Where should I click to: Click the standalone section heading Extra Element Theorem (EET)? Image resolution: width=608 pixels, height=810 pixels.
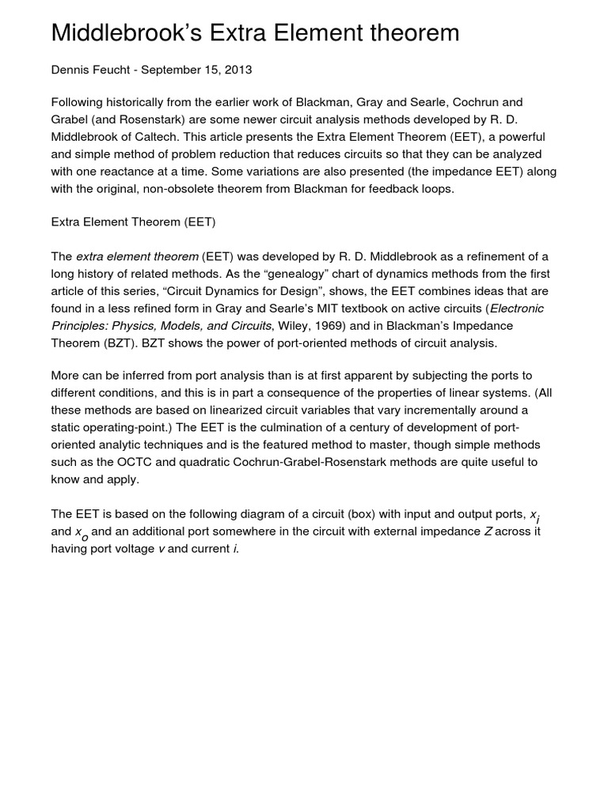click(133, 222)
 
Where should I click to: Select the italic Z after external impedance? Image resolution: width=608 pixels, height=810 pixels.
click(488, 532)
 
